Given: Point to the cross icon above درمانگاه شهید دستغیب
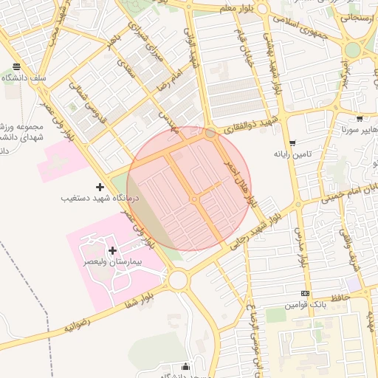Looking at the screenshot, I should click(x=100, y=187).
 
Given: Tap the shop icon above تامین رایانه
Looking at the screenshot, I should click(x=292, y=143).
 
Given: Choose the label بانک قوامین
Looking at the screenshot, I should click(x=305, y=304).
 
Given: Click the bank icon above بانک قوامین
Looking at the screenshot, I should click(x=305, y=293).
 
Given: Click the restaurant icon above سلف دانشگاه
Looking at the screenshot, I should click(x=16, y=67).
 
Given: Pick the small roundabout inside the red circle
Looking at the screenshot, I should click(x=193, y=199).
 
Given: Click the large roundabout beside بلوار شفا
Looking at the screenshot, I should click(x=177, y=280).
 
